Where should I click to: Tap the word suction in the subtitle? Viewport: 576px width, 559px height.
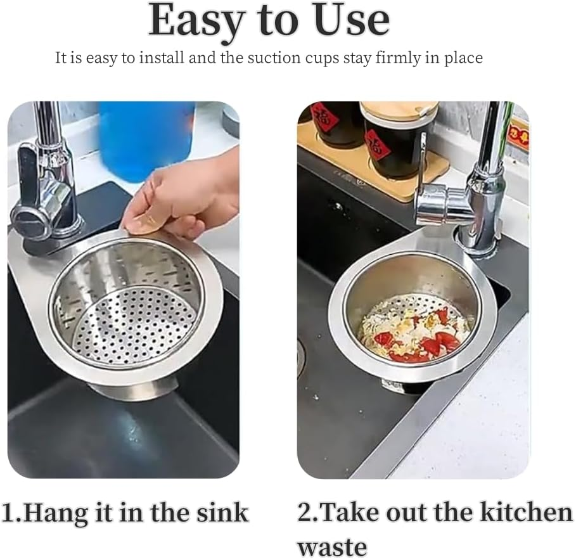(300, 58)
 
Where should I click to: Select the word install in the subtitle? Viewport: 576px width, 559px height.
(170, 58)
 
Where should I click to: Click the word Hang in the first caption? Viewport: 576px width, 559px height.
(58, 513)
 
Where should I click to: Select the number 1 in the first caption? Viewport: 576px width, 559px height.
(9, 513)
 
